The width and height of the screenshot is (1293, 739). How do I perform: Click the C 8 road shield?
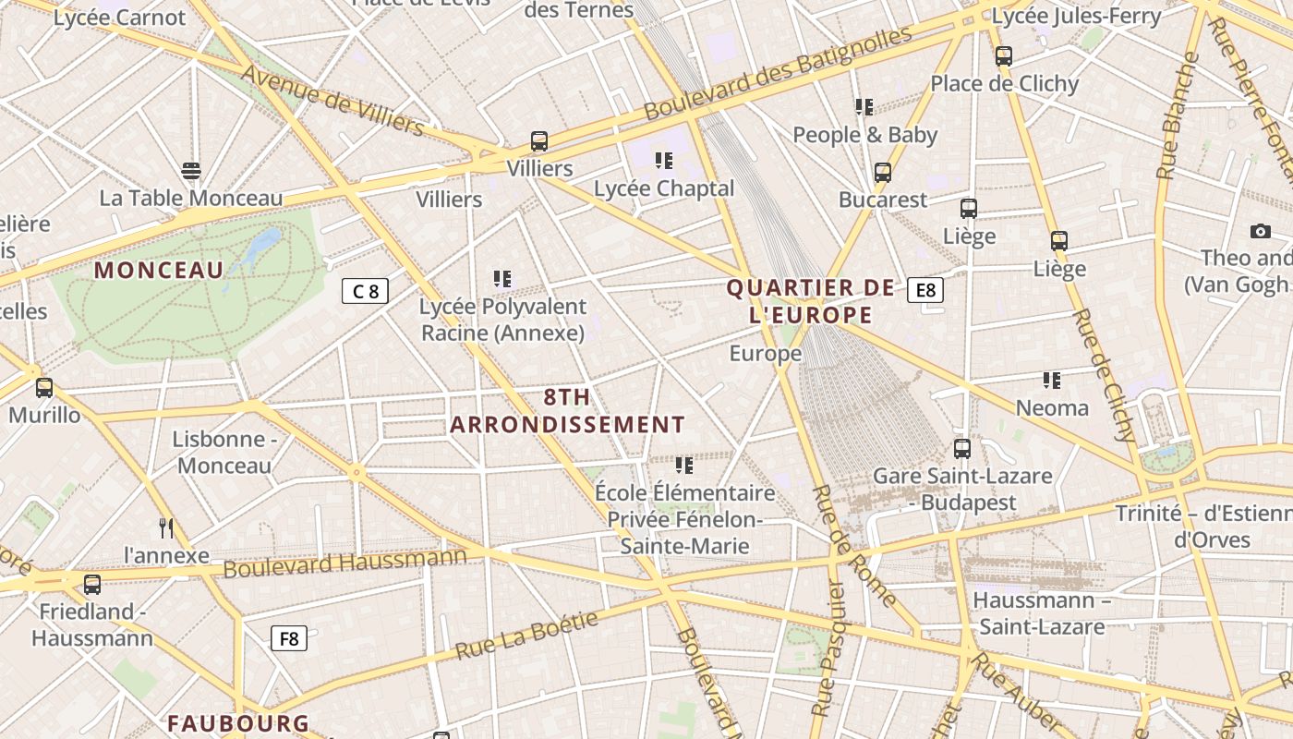pyautogui.click(x=365, y=291)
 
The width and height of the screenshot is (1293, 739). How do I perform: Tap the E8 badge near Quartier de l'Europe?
pyautogui.click(x=924, y=290)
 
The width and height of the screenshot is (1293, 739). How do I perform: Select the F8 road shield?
pyautogui.click(x=289, y=637)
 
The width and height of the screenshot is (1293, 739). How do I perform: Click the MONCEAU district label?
pyautogui.click(x=159, y=270)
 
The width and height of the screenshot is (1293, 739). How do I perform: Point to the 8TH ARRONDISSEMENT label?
pyautogui.click(x=567, y=411)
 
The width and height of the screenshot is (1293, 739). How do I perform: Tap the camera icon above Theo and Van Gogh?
pyautogui.click(x=1260, y=231)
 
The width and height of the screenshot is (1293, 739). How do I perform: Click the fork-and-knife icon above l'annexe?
pyautogui.click(x=166, y=527)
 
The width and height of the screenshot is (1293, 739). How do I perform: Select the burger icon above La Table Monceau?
pyautogui.click(x=191, y=171)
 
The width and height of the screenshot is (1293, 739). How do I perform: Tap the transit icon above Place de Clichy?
pyautogui.click(x=1004, y=56)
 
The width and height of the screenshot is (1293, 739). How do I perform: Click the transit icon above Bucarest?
pyautogui.click(x=883, y=173)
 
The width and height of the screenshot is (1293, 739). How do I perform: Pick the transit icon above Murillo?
pyautogui.click(x=44, y=388)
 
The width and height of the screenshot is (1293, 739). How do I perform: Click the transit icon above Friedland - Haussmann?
pyautogui.click(x=92, y=585)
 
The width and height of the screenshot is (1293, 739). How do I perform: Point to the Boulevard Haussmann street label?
pyautogui.click(x=345, y=562)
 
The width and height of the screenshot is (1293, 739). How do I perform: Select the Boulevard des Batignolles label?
pyautogui.click(x=778, y=73)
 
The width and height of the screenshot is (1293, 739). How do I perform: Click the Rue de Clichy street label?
pyautogui.click(x=1103, y=375)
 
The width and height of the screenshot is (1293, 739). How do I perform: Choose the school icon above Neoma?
pyautogui.click(x=1051, y=380)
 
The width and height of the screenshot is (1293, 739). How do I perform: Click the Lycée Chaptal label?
pyautogui.click(x=663, y=188)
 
